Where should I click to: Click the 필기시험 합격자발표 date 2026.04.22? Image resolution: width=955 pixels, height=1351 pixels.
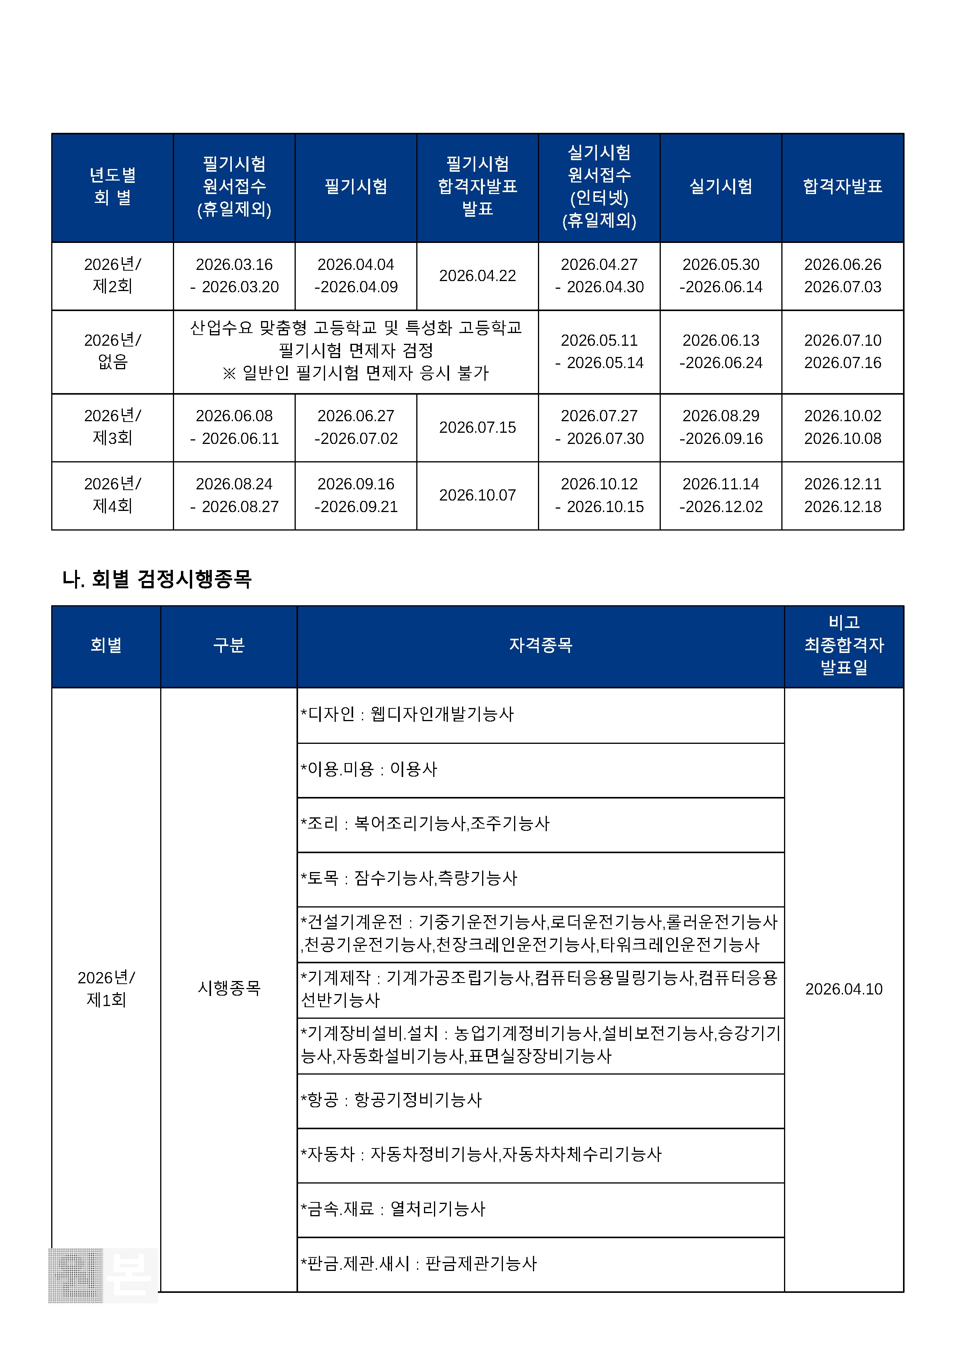(x=477, y=275)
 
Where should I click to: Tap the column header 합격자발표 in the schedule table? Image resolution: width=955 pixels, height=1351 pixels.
(x=842, y=186)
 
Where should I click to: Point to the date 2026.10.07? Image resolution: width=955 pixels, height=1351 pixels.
(x=477, y=495)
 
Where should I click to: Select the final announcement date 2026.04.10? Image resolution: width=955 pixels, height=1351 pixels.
(x=843, y=989)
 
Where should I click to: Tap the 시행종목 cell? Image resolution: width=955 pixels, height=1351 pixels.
(x=229, y=988)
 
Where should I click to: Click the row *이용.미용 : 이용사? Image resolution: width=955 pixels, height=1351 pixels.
(x=369, y=769)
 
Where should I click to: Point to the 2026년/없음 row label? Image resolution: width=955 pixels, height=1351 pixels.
(x=112, y=351)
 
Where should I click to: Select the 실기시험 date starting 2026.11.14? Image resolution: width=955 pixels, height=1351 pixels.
(x=721, y=495)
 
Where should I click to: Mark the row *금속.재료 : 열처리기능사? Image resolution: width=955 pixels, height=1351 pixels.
(x=393, y=1209)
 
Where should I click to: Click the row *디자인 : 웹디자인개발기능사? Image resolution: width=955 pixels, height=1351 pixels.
(x=407, y=714)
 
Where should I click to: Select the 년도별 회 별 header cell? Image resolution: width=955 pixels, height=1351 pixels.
(x=112, y=186)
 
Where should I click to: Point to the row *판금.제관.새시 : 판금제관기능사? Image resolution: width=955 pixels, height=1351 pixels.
(x=419, y=1263)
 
